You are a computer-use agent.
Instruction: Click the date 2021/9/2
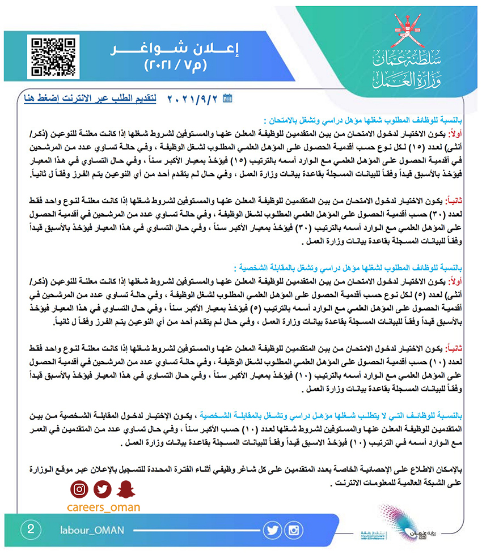tap(193, 99)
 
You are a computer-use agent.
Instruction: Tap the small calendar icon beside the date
tap(228, 99)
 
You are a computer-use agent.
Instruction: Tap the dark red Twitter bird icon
tap(102, 488)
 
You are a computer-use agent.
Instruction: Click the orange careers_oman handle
tap(103, 507)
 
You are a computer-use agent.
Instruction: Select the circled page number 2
tap(30, 530)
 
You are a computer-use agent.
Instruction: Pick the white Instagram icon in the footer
tap(294, 530)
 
